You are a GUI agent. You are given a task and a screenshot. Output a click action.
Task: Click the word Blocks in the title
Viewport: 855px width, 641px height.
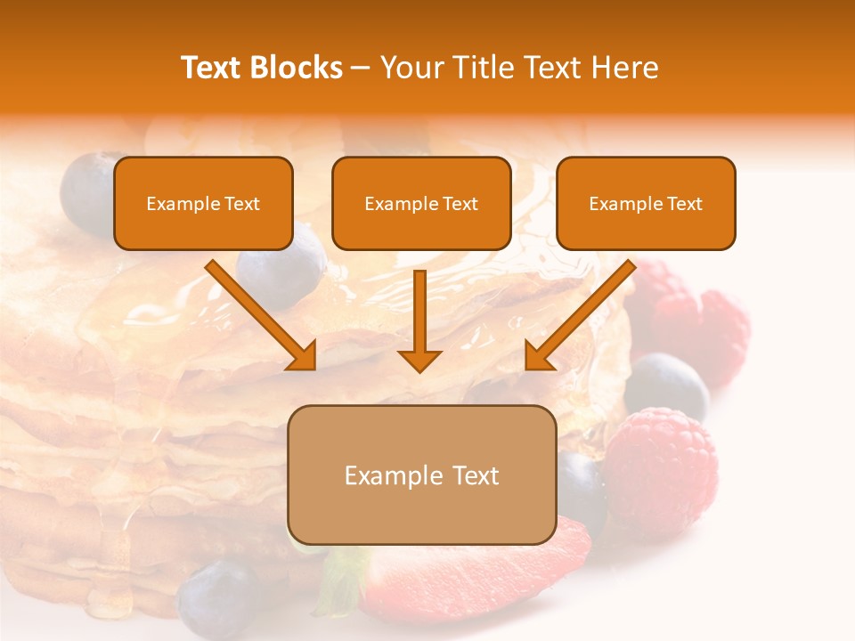[295, 68]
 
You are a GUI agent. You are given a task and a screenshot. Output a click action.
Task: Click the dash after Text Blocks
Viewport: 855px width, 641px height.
[361, 69]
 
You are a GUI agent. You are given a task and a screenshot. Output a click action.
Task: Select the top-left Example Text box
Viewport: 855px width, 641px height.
[203, 203]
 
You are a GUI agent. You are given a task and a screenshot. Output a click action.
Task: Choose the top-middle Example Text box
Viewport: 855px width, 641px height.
[421, 203]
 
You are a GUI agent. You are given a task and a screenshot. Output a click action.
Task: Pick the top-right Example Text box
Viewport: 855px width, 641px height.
[646, 203]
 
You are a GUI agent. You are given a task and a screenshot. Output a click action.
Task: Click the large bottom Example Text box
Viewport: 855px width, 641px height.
[421, 475]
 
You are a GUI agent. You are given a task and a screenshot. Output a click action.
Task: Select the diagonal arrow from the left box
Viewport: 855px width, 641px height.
[263, 315]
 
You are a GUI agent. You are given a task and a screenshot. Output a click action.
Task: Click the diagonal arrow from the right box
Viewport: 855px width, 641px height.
[579, 315]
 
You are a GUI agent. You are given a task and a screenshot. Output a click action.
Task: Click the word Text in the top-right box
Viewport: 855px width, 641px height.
[683, 204]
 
